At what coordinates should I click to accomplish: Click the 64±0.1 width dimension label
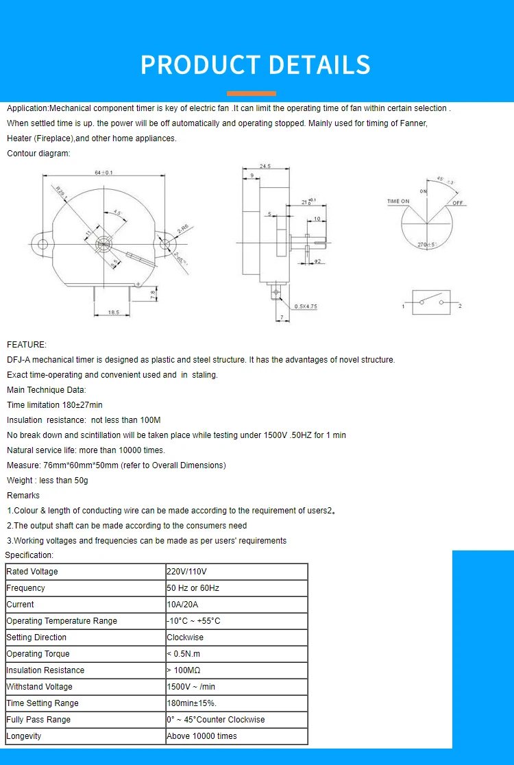click(103, 173)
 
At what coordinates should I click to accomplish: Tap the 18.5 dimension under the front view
click(113, 312)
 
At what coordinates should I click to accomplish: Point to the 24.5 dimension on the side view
click(266, 166)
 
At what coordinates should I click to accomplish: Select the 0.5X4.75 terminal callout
click(306, 306)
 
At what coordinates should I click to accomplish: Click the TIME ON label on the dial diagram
click(398, 202)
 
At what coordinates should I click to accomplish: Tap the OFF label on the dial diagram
click(458, 203)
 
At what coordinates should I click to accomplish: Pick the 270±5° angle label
click(426, 244)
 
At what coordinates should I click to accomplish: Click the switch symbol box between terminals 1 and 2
click(431, 302)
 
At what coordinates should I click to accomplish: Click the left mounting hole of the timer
click(42, 244)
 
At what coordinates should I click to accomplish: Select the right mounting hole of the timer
click(164, 244)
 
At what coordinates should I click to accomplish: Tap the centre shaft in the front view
click(104, 244)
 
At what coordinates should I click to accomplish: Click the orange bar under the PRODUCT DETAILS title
click(252, 93)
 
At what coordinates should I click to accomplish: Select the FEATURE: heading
click(27, 345)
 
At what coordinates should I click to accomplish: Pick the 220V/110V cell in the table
click(186, 572)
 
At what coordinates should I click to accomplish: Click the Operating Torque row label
click(38, 654)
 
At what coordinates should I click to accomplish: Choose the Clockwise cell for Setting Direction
click(185, 637)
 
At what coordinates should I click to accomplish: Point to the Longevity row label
click(24, 736)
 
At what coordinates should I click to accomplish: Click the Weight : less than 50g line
click(47, 481)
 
